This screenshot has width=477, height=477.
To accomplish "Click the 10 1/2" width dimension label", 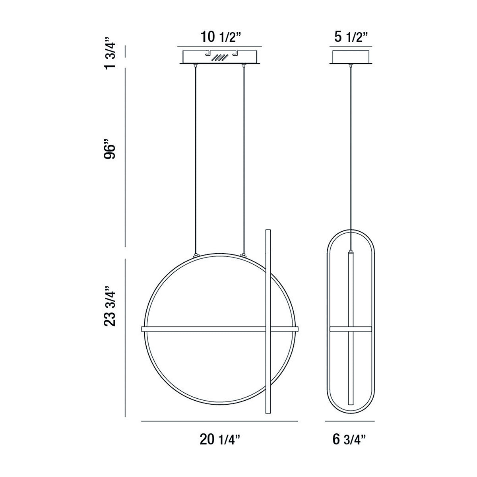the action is [220, 37].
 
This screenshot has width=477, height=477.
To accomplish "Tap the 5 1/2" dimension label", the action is [351, 37].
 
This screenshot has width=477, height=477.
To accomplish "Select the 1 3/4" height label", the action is [109, 54].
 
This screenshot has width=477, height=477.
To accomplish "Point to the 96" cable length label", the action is [109, 149].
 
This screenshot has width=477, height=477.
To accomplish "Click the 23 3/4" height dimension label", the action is [109, 306].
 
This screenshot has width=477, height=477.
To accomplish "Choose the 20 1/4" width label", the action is [220, 440].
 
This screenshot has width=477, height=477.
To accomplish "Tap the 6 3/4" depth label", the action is [349, 440].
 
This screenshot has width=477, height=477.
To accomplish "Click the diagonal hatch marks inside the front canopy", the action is [219, 58].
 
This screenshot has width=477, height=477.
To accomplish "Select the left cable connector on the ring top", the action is [196, 255].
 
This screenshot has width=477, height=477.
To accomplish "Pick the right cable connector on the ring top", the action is [244, 255].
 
